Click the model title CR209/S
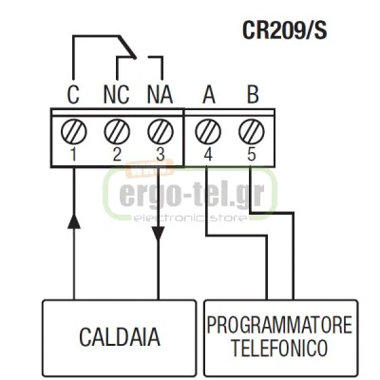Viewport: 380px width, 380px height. click(284, 30)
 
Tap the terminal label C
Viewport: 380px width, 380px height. click(73, 95)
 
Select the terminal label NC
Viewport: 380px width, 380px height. click(117, 95)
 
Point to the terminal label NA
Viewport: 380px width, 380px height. click(161, 95)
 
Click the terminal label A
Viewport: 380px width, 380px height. click(209, 95)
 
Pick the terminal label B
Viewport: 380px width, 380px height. click(253, 95)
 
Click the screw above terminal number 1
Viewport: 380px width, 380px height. click(73, 132)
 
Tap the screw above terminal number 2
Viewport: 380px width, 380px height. click(117, 132)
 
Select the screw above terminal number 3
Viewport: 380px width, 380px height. click(161, 132)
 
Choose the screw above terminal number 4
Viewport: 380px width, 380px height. click(208, 132)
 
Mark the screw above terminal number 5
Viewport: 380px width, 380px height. click(252, 132)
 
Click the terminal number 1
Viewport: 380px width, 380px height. click(73, 155)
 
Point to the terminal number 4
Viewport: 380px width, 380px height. click(208, 155)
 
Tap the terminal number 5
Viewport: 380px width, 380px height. click(252, 155)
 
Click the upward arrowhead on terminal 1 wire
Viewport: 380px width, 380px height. click(74, 221)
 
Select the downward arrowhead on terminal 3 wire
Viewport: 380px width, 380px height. click(158, 234)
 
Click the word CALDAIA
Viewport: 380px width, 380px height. click(120, 337)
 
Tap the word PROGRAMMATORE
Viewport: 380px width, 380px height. click(279, 325)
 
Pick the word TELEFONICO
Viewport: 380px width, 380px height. click(279, 348)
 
